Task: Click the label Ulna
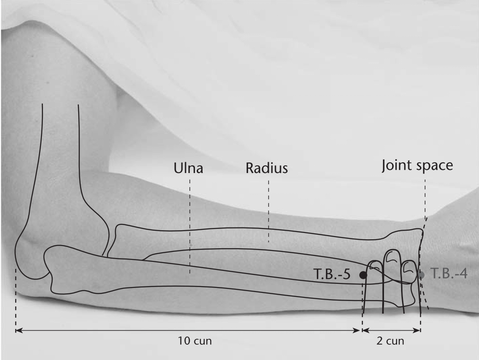pyautogui.click(x=188, y=168)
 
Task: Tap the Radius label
pyautogui.click(x=267, y=168)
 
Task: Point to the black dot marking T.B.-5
pyautogui.click(x=363, y=275)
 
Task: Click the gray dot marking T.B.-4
pyautogui.click(x=421, y=275)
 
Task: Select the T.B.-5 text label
pyautogui.click(x=332, y=274)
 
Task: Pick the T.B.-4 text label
pyautogui.click(x=449, y=273)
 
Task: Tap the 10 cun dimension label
pyautogui.click(x=195, y=341)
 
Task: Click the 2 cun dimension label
pyautogui.click(x=390, y=341)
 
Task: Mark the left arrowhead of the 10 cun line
pyautogui.click(x=19, y=330)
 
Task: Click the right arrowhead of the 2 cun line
pyautogui.click(x=417, y=330)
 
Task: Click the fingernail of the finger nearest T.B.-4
pyautogui.click(x=408, y=268)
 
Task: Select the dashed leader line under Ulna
pyautogui.click(x=190, y=226)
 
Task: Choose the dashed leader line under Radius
pyautogui.click(x=269, y=211)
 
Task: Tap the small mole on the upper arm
pyautogui.click(x=48, y=82)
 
